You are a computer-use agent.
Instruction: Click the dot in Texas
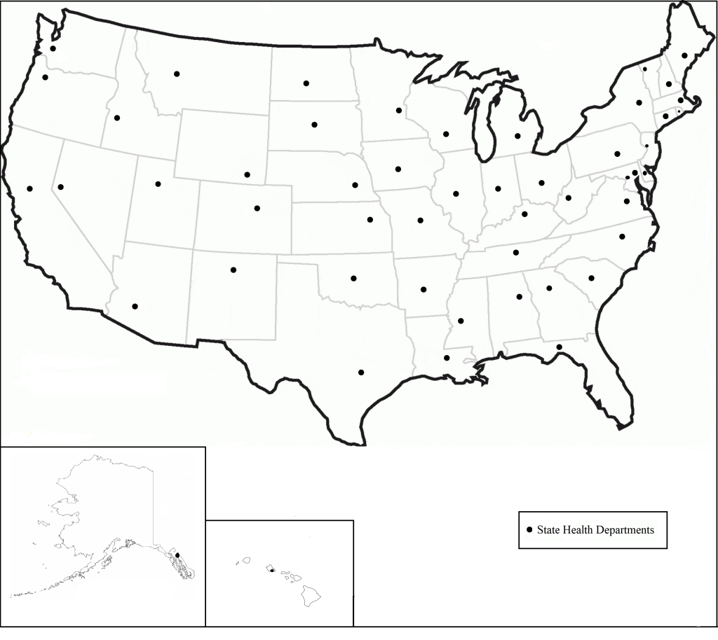361,372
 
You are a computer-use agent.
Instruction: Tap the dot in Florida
559,347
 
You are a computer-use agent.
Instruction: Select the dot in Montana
177,74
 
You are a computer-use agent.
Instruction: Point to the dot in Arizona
135,306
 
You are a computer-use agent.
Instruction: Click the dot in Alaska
177,555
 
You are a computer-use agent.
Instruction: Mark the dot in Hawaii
271,570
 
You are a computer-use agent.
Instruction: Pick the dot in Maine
684,55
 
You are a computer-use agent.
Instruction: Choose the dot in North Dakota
306,83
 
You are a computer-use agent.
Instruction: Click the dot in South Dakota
314,125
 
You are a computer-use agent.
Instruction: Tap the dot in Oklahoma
353,278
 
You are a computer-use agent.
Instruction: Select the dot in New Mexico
233,270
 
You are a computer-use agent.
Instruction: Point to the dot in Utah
158,184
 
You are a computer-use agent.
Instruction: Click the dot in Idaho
117,118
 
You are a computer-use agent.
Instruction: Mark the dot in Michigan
517,136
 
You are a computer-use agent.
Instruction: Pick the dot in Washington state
53,49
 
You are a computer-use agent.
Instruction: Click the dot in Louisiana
447,358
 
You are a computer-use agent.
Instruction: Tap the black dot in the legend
529,530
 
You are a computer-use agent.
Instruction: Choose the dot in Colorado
257,208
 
